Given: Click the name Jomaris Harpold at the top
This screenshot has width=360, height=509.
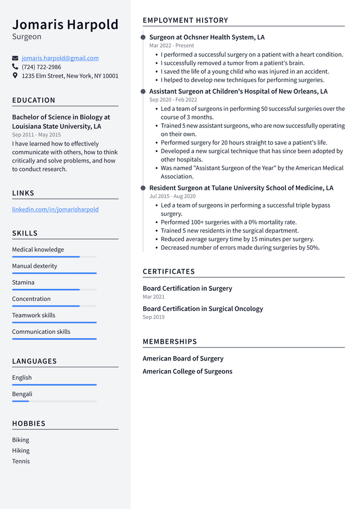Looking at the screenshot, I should [65, 25].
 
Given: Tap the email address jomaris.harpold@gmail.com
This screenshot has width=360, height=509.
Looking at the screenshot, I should [60, 58].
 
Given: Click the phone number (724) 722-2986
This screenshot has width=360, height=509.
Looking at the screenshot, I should [42, 67].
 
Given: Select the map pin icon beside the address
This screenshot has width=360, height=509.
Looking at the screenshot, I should [15, 75].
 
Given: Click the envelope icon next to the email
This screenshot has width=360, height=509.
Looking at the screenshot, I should [15, 58].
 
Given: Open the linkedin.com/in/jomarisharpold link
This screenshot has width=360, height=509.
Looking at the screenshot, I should [55, 209].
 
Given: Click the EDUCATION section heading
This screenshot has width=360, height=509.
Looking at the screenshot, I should [34, 100].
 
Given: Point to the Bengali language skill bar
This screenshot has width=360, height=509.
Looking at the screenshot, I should [54, 401].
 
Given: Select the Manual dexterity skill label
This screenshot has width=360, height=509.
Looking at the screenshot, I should [35, 266].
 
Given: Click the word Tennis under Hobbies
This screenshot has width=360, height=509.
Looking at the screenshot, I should [21, 461].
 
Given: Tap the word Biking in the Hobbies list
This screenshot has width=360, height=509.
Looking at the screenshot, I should [21, 440].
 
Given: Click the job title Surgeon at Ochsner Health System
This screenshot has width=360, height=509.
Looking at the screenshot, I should [206, 37].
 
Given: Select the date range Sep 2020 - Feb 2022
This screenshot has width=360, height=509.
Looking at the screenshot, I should [173, 100].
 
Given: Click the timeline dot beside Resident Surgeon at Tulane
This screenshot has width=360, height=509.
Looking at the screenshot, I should [143, 188].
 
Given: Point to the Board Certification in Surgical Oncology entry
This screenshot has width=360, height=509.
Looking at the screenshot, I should [202, 309].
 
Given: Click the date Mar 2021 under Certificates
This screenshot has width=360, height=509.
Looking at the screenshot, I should [154, 296].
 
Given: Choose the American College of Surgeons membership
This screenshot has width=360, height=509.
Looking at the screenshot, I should [187, 371].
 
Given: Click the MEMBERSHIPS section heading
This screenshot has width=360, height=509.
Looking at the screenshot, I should [170, 341].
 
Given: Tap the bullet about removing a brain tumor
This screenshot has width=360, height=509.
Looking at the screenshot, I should [232, 63].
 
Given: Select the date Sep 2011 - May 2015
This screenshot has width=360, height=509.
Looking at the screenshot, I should [37, 135].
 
